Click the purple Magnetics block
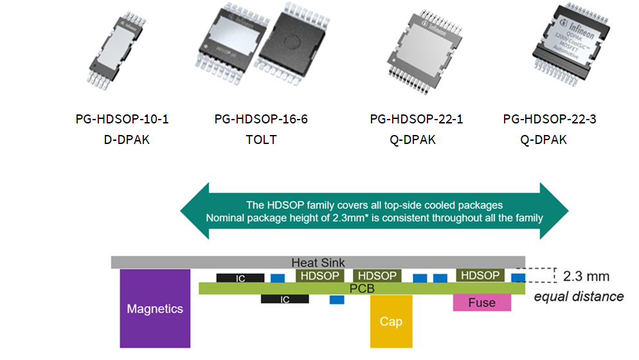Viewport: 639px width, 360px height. pos(155,309)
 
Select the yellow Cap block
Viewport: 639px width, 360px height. pos(391,321)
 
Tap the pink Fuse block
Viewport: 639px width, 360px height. pos(482,303)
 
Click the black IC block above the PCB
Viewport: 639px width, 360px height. pos(240,278)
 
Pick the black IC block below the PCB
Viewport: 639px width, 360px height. pos(285,299)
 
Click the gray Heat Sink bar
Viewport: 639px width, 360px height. pos(318,262)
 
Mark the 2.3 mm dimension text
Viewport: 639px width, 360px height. pos(586,277)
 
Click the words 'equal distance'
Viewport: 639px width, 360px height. pos(579,296)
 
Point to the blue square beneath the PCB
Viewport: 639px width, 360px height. pos(337,300)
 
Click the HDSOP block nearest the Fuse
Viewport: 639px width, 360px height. pos(480,275)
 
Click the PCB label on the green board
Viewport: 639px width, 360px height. pos(362,289)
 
